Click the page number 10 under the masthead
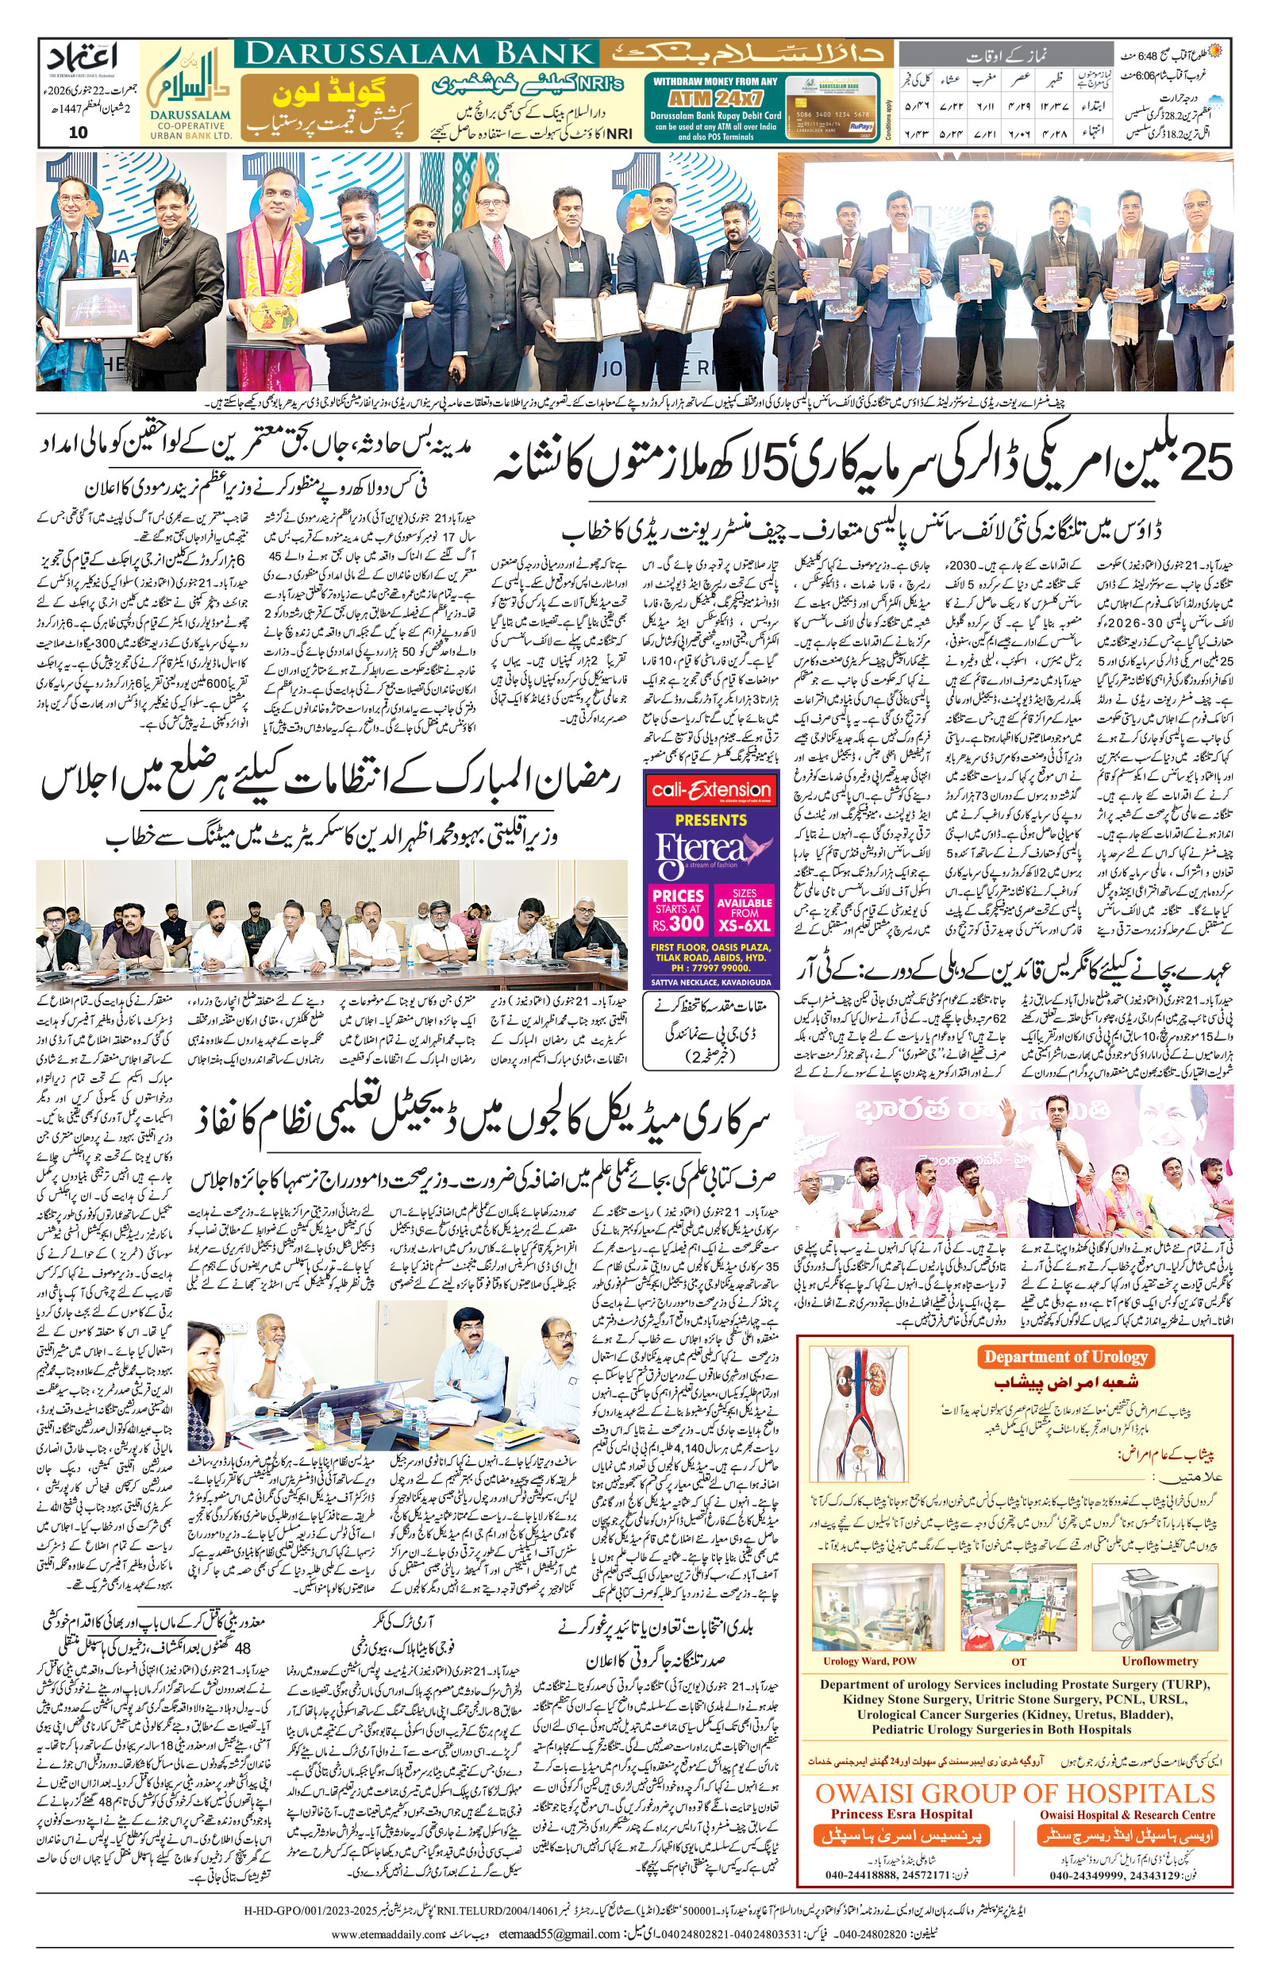click(78, 133)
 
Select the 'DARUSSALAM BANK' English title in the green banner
click(420, 55)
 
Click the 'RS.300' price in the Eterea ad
click(678, 922)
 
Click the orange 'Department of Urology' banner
click(1065, 1357)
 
